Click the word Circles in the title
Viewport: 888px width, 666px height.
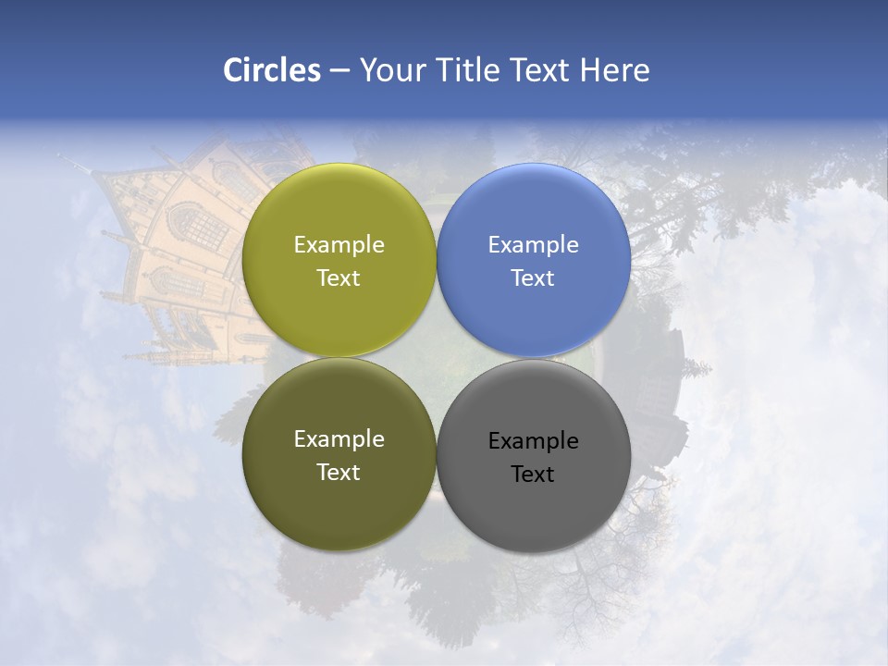tap(271, 70)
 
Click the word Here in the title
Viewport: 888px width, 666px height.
tap(614, 70)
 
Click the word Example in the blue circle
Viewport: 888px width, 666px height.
tap(533, 245)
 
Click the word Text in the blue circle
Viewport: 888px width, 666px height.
tap(533, 278)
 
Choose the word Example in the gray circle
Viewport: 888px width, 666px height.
tap(533, 441)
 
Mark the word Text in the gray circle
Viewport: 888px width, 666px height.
tap(533, 475)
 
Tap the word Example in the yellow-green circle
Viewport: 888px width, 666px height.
tap(339, 245)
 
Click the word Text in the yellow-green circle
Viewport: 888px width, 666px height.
tap(339, 278)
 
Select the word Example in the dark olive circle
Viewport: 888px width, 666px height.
tap(339, 439)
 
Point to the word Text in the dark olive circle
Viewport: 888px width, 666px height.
tap(339, 473)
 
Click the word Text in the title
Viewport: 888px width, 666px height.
tap(542, 70)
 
